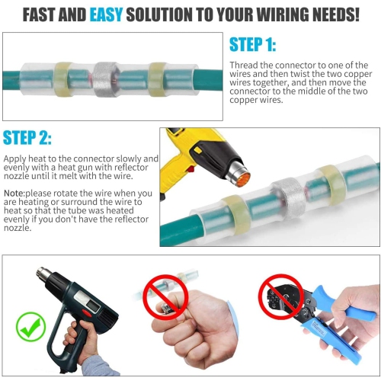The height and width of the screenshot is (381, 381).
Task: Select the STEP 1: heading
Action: click(254, 45)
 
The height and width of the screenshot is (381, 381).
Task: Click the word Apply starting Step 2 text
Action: click(14, 158)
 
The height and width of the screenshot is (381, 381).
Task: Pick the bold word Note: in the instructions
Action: click(15, 193)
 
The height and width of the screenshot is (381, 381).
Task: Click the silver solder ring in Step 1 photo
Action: click(104, 78)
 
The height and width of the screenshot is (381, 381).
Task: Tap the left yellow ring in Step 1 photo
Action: click(61, 78)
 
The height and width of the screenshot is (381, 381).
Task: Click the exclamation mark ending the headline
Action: click(355, 14)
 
